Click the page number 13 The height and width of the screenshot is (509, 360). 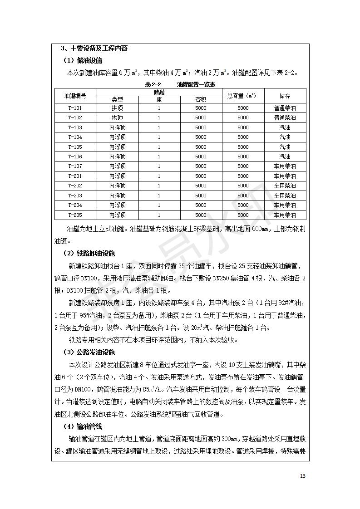pos(303,476)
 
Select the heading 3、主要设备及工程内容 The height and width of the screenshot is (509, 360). pos(94,49)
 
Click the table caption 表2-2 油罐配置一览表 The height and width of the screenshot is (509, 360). pos(180,85)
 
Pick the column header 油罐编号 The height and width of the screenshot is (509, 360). pos(75,96)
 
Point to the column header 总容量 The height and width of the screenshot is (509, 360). pos(243,96)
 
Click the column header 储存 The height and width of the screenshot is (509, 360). pos(285,96)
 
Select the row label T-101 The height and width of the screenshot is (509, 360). pos(75,108)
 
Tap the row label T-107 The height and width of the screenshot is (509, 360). pos(75,166)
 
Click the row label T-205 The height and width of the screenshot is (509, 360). pos(75,215)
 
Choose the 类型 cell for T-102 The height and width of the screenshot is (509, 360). pos(118,118)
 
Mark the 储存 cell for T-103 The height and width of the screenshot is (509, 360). pos(285,128)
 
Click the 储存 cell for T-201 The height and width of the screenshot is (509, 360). pos(285,176)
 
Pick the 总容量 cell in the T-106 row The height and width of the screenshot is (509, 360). pos(243,157)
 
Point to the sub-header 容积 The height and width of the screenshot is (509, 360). pos(201,99)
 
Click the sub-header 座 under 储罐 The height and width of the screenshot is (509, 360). pos(159,99)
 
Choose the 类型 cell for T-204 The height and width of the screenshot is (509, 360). pos(118,206)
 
